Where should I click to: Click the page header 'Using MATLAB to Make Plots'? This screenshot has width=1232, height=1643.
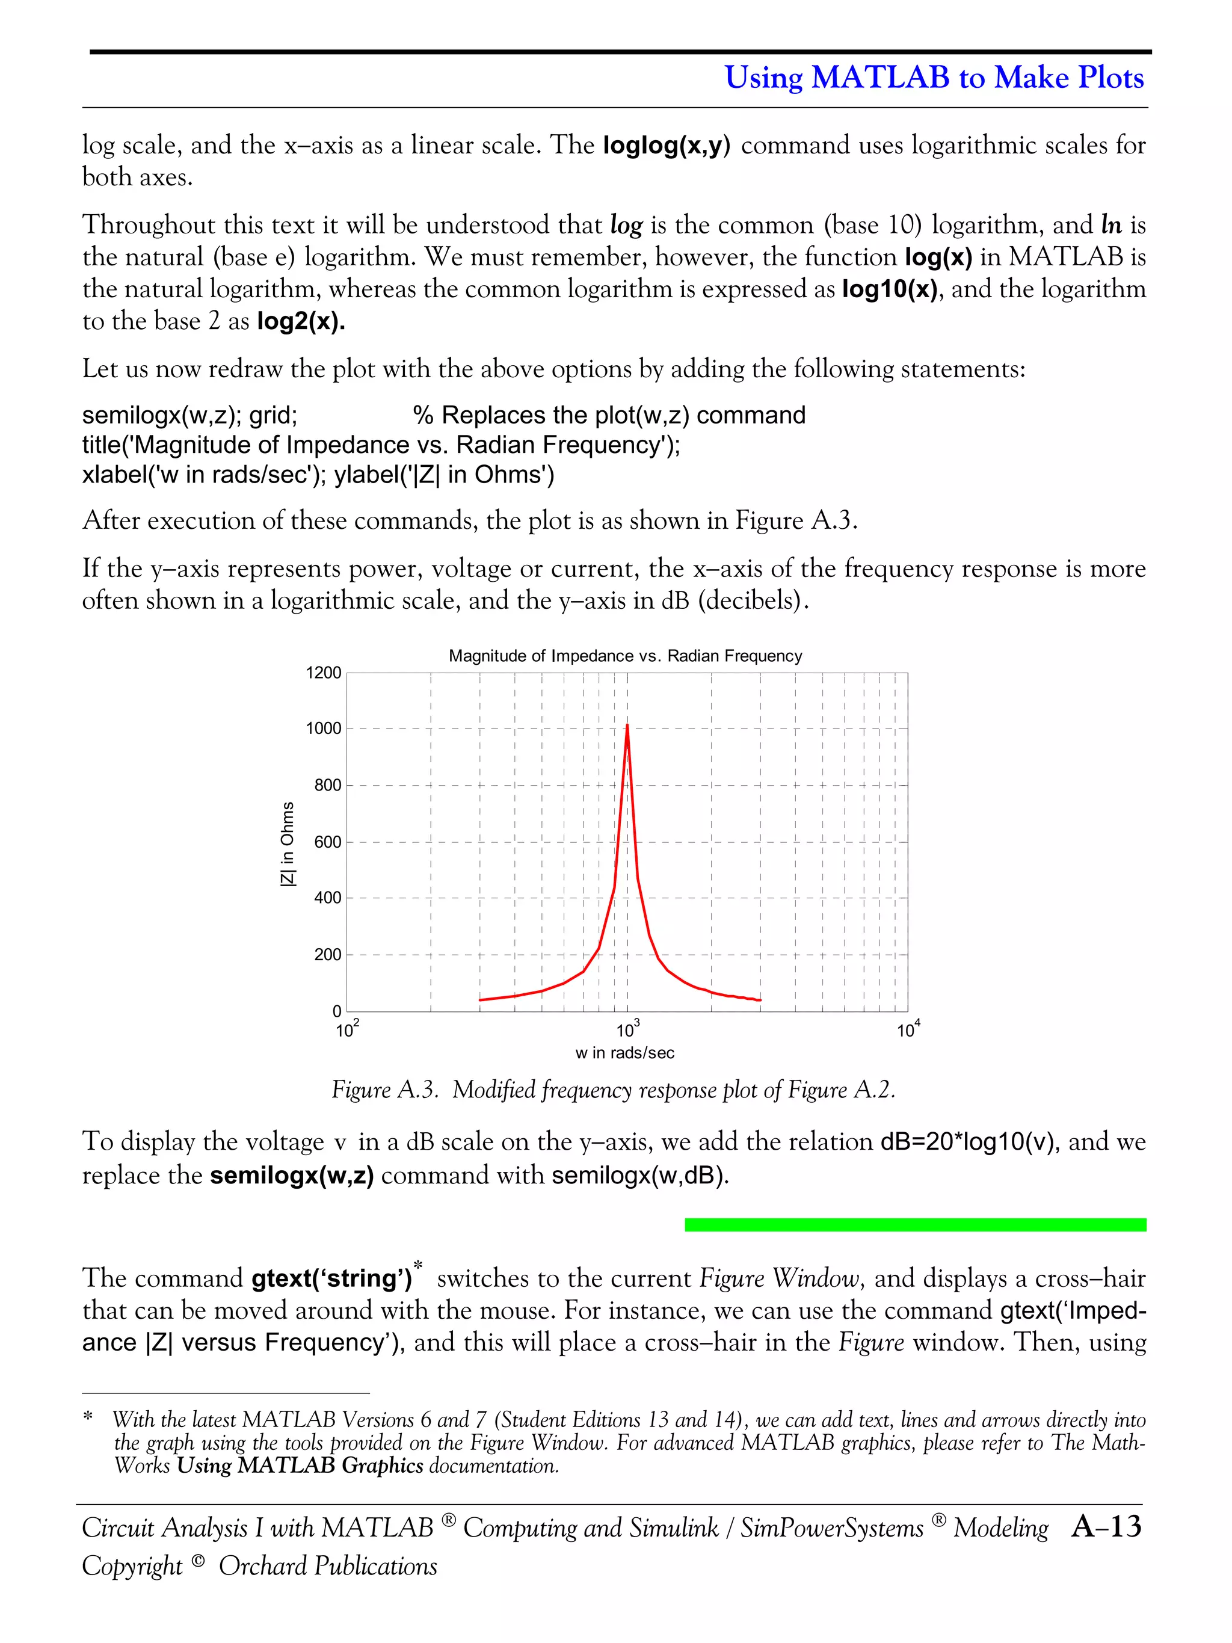pos(934,77)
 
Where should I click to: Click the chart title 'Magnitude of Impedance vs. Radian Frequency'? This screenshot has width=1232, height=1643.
pos(625,656)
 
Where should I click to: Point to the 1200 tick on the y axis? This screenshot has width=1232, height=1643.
pos(324,673)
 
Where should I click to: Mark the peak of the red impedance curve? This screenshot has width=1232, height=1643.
pos(627,725)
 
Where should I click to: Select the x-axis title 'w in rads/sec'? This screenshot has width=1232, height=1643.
pos(624,1052)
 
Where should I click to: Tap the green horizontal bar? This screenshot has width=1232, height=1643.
pos(915,1224)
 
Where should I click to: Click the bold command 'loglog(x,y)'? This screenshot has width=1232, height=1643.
pos(666,146)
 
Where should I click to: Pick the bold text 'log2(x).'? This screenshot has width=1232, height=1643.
pos(301,322)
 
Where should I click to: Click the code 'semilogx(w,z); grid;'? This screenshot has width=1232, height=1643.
pos(189,415)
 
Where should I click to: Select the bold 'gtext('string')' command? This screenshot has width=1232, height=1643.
pos(331,1278)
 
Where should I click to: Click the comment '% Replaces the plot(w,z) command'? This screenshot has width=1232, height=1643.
pos(609,415)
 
